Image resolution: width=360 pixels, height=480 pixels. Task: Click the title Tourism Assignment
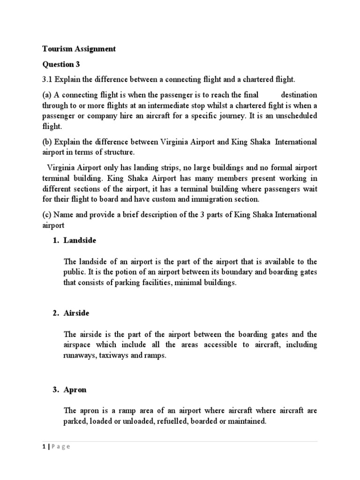(x=79, y=49)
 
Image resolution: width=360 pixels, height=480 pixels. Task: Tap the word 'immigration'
(x=217, y=199)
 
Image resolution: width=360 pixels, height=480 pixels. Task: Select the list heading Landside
(x=80, y=240)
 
